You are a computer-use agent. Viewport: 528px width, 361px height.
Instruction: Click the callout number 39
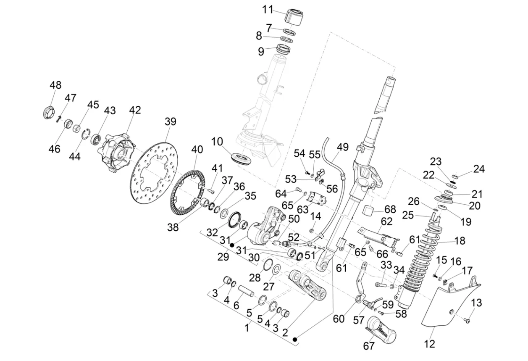pos(170,122)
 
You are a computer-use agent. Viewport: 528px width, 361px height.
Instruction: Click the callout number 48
pos(55,85)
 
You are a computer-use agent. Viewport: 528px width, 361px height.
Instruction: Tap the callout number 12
pos(429,344)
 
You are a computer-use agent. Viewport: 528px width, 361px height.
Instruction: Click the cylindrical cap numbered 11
pos(294,16)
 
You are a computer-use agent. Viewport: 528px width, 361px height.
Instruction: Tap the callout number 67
pos(368,346)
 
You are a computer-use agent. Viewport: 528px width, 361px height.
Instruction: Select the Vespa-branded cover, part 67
pos(381,329)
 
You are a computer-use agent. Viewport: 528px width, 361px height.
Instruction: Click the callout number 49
pos(343,147)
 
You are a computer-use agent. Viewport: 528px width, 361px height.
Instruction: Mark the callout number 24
pos(479,169)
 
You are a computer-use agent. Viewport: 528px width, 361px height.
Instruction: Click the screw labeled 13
pos(467,320)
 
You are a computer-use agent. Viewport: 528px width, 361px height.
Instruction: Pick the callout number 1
pos(247,328)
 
